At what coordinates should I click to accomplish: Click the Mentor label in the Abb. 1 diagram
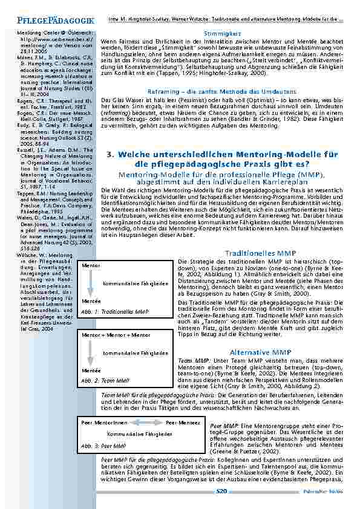(x=91, y=265)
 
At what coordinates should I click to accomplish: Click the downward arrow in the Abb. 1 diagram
(x=90, y=283)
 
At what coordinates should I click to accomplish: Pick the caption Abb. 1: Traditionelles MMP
(x=115, y=311)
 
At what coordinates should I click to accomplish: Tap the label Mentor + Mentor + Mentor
(x=116, y=334)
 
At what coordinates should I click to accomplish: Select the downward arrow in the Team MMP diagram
(x=90, y=352)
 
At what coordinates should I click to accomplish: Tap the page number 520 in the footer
(x=221, y=491)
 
